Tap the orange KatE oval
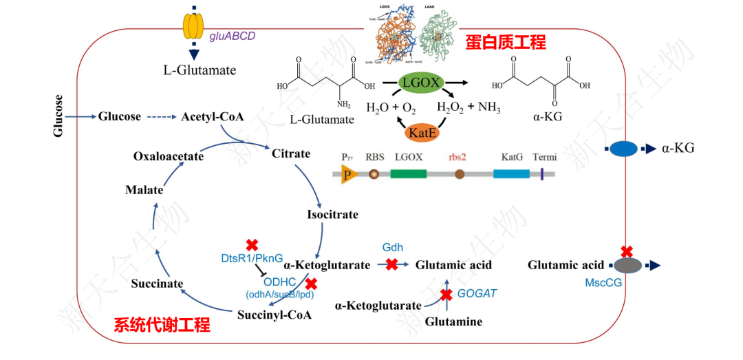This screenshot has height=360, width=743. pyautogui.click(x=420, y=131)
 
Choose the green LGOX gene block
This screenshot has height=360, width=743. pyautogui.click(x=408, y=174)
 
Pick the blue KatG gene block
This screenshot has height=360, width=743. pyautogui.click(x=511, y=174)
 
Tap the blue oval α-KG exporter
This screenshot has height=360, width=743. pyautogui.click(x=624, y=149)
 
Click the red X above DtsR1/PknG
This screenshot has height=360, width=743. pyautogui.click(x=252, y=245)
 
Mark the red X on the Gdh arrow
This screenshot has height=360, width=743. pyautogui.click(x=392, y=264)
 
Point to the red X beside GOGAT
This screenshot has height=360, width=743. pyautogui.click(x=446, y=295)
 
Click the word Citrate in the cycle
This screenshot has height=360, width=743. pyautogui.click(x=291, y=153)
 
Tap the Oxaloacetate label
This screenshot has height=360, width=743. pyautogui.click(x=169, y=156)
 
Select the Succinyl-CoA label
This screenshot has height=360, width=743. pyautogui.click(x=274, y=315)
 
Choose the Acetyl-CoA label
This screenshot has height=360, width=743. pyautogui.click(x=213, y=116)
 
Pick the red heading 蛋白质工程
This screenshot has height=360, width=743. pyautogui.click(x=506, y=43)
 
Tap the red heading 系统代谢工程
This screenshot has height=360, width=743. pyautogui.click(x=162, y=325)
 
